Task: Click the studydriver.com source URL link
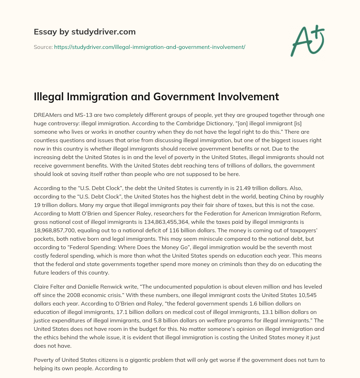coord(149,47)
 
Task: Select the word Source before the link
coord(43,47)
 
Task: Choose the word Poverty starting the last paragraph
coord(44,360)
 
